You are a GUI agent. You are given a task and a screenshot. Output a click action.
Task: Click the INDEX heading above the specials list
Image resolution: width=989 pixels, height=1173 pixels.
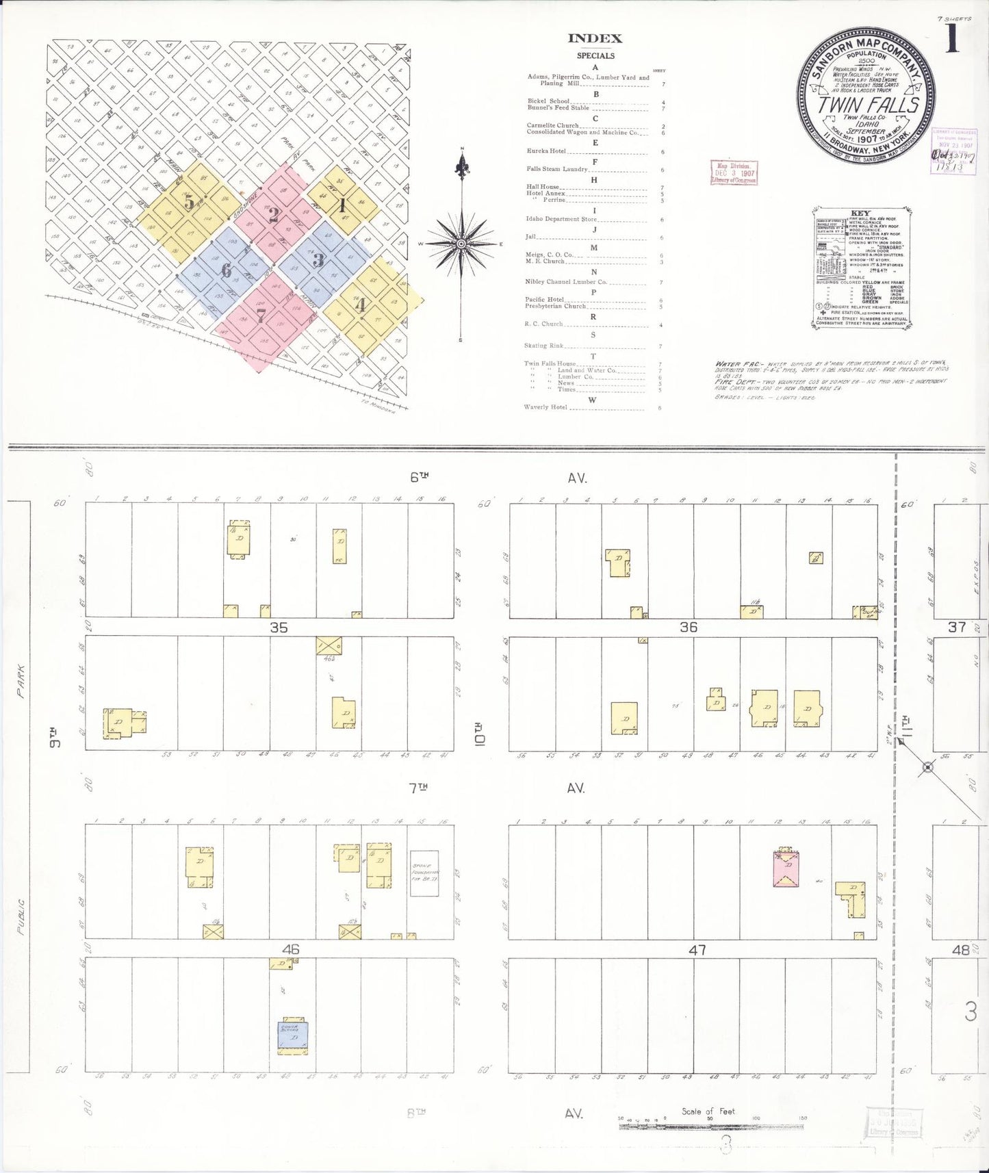pyautogui.click(x=595, y=39)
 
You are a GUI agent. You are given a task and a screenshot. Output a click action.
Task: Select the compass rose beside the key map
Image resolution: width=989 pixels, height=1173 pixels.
pyautogui.click(x=462, y=243)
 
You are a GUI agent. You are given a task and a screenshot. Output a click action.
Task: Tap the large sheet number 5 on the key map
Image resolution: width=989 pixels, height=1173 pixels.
pyautogui.click(x=189, y=203)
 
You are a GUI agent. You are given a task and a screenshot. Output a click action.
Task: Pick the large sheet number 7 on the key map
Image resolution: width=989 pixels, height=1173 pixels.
pyautogui.click(x=260, y=315)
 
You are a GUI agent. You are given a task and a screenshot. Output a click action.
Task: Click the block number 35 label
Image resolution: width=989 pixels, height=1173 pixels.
pyautogui.click(x=279, y=627)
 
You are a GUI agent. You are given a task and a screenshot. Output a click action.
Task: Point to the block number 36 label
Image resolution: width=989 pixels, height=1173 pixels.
pyautogui.click(x=689, y=627)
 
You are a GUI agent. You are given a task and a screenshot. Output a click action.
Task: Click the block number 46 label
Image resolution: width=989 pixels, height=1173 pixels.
pyautogui.click(x=291, y=949)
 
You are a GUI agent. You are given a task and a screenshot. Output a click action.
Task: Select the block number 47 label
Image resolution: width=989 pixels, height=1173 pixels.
pyautogui.click(x=697, y=949)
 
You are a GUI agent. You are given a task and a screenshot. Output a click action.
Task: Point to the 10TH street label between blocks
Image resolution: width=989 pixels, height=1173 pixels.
pyautogui.click(x=480, y=732)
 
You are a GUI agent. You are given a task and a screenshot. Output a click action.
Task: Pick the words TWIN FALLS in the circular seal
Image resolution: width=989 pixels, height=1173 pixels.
pyautogui.click(x=868, y=105)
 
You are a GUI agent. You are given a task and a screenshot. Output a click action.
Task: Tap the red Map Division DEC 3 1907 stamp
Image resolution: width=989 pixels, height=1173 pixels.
pyautogui.click(x=734, y=172)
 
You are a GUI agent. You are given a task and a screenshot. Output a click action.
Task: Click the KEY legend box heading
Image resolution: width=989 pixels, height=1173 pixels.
pyautogui.click(x=860, y=214)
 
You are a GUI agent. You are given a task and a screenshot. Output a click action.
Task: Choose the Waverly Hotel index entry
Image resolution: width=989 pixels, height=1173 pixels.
pyautogui.click(x=546, y=407)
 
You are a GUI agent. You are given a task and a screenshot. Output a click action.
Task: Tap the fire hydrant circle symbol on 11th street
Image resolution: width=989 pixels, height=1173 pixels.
pyautogui.click(x=927, y=767)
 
